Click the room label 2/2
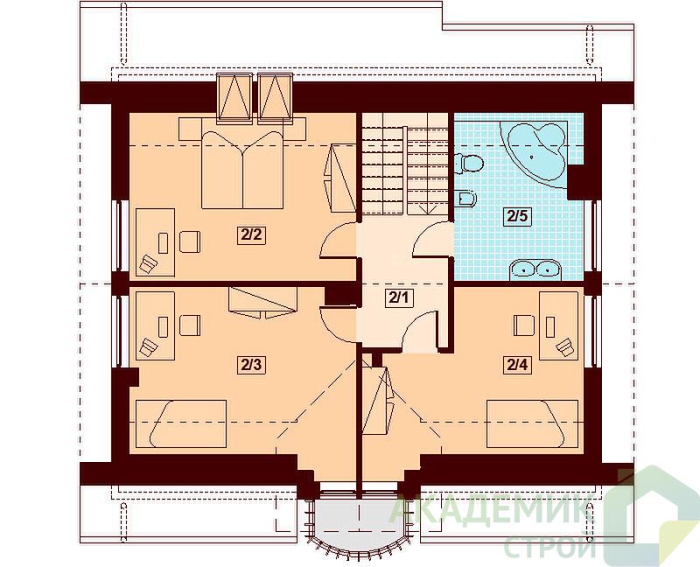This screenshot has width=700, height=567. [x=251, y=234]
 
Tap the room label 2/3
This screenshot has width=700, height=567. [x=251, y=365]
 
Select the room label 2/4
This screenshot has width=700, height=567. [x=517, y=365]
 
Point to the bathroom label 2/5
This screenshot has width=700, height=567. [x=517, y=216]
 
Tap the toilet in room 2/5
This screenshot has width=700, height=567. [x=468, y=164]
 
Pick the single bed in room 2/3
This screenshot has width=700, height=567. [x=181, y=423]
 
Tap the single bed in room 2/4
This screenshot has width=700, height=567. [x=533, y=423]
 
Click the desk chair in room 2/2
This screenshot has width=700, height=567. [x=190, y=241]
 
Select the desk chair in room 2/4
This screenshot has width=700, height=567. [x=524, y=325]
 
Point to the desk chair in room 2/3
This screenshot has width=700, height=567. [x=190, y=325]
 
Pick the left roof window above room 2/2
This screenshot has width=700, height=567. [x=234, y=98]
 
